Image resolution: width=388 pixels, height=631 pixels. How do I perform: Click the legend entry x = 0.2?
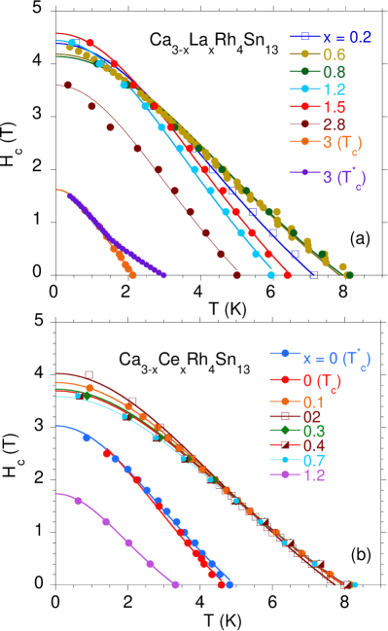click(331, 36)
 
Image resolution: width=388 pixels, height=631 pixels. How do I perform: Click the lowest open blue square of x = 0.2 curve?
click(314, 275)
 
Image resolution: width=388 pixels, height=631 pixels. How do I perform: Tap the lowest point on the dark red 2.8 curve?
click(237, 275)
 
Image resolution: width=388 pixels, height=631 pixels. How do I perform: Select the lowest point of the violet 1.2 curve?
click(176, 584)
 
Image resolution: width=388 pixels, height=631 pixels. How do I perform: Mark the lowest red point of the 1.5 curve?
click(287, 275)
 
